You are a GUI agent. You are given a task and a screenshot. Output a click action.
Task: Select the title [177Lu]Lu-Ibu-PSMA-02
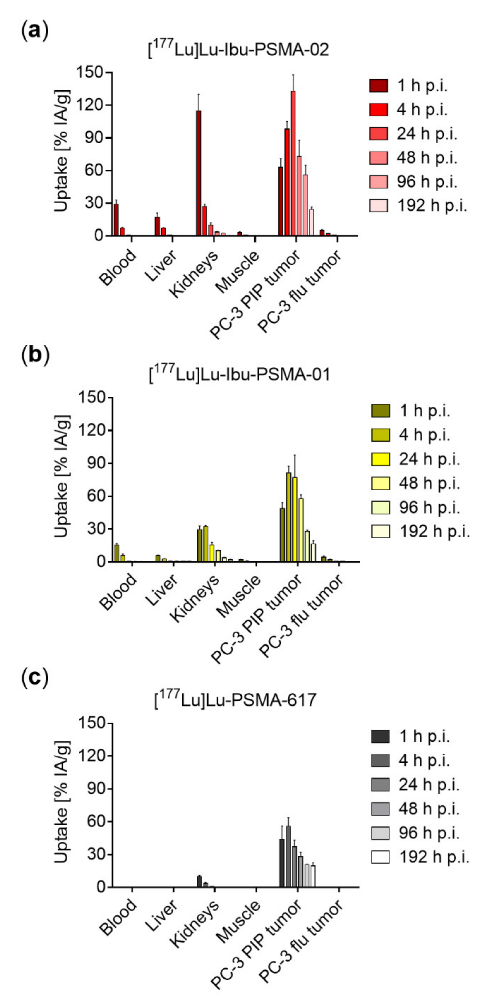tap(238, 50)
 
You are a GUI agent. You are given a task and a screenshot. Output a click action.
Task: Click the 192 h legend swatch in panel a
tap(378, 205)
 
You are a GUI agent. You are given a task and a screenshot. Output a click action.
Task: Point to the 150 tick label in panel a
tap(89, 72)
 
